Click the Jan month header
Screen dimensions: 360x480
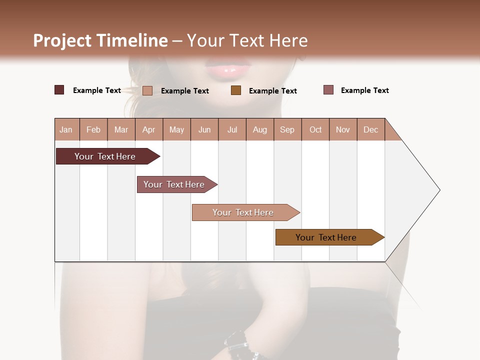(x=66, y=129)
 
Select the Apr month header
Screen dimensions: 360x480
(x=149, y=129)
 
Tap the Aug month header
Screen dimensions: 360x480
(x=260, y=129)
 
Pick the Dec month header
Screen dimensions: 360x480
(x=371, y=129)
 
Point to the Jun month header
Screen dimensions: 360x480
(x=204, y=129)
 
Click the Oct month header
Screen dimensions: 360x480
(x=315, y=129)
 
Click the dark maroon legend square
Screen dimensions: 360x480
(x=59, y=90)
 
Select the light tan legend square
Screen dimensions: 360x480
(x=147, y=90)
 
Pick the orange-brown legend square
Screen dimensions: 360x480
(x=236, y=90)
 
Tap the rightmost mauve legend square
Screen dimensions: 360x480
(x=328, y=90)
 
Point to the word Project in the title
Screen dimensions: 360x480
(x=62, y=40)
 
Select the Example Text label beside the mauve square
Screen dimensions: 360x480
(x=365, y=90)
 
